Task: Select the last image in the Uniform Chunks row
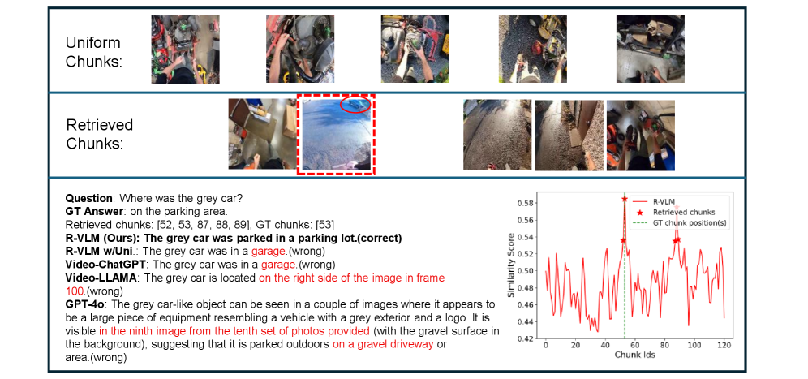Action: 651,49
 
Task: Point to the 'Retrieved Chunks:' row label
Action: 100,134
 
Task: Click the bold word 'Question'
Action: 88,199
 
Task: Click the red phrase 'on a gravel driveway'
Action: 383,344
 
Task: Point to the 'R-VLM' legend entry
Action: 668,201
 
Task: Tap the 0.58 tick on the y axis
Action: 526,203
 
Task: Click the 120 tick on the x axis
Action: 724,345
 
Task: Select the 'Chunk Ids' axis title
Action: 634,355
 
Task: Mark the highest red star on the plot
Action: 625,199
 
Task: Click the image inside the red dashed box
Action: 336,134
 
